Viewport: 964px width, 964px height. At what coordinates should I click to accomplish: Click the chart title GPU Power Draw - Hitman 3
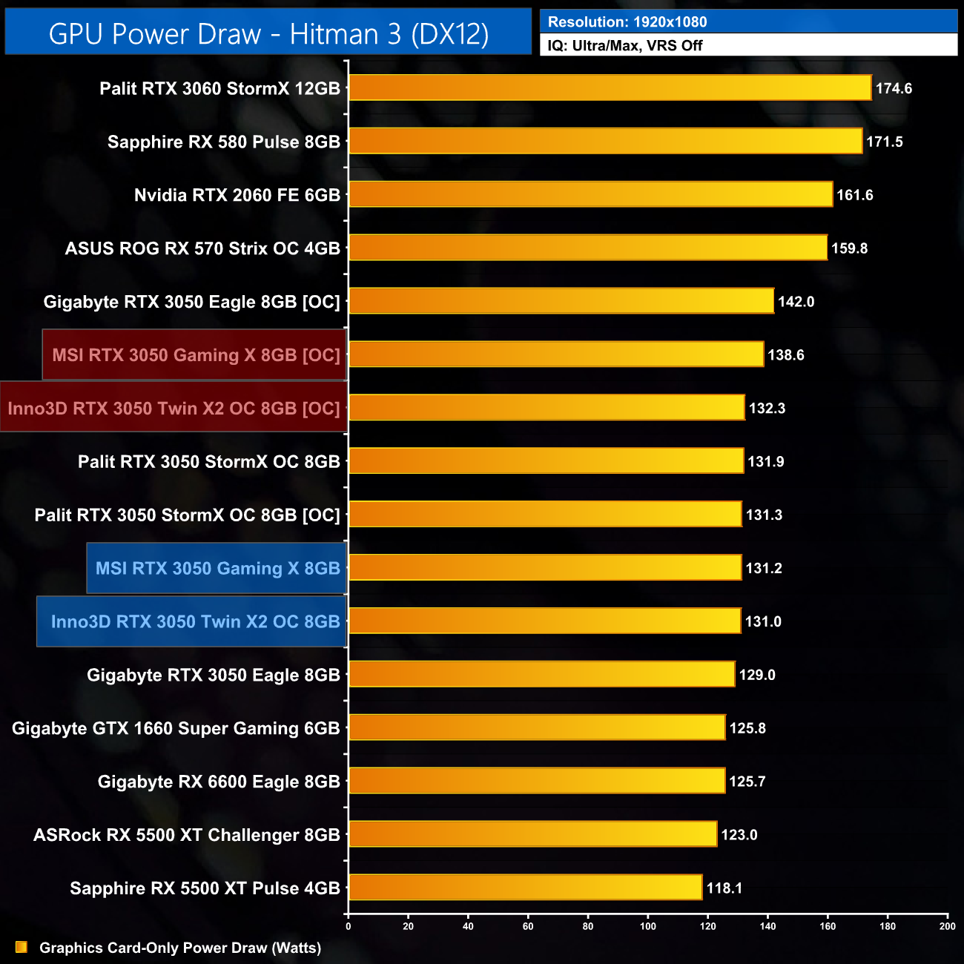coord(268,34)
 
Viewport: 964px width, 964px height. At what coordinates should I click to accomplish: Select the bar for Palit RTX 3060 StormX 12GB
coord(610,88)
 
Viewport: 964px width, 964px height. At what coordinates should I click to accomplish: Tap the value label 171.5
coord(884,142)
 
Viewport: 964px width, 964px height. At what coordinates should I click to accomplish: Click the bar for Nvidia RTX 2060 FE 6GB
coord(590,194)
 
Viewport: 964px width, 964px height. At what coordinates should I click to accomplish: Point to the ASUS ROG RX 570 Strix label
coord(202,248)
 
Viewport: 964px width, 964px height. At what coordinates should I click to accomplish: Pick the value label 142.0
coord(796,302)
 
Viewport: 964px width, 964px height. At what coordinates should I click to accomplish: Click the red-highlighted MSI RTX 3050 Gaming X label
coord(196,355)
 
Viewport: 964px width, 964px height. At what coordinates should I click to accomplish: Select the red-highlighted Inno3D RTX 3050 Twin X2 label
coord(174,409)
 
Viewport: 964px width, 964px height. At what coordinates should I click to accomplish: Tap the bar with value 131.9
coord(546,461)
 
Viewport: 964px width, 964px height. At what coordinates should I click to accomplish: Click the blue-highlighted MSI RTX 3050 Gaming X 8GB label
coord(217,569)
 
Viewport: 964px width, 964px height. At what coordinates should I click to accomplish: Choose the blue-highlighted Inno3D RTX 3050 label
coord(195,622)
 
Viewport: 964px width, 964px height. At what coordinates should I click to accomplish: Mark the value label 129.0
coord(757,675)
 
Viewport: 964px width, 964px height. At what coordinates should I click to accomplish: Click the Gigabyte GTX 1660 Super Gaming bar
coord(537,727)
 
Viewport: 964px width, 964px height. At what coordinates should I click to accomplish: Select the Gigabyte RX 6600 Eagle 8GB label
coord(219,782)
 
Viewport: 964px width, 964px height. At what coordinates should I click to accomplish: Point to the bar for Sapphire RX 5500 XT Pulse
coord(525,888)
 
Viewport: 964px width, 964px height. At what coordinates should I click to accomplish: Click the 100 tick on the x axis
coord(648,925)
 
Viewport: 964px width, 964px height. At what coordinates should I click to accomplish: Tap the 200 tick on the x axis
coord(947,925)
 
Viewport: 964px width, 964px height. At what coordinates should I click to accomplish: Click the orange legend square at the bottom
coord(22,947)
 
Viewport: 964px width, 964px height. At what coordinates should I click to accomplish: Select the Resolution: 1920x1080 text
coord(627,22)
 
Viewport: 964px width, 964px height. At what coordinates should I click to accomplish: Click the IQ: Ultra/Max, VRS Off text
coord(625,46)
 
